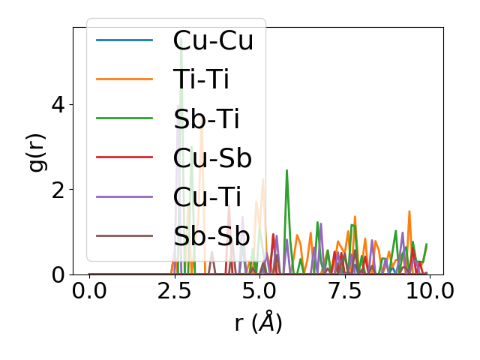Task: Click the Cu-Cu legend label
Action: [213, 40]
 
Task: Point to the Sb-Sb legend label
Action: [211, 236]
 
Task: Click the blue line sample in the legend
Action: [124, 40]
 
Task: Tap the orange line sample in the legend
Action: [124, 79]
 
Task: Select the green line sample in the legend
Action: [124, 118]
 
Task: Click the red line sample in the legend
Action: [124, 157]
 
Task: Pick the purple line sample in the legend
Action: [124, 196]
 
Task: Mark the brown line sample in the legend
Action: [124, 236]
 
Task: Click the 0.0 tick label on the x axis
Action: [89, 292]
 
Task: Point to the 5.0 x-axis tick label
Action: [259, 292]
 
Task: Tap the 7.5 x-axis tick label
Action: [344, 292]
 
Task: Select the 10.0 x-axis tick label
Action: [429, 292]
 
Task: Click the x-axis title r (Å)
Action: [258, 322]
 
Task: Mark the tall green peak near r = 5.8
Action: [286, 171]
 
